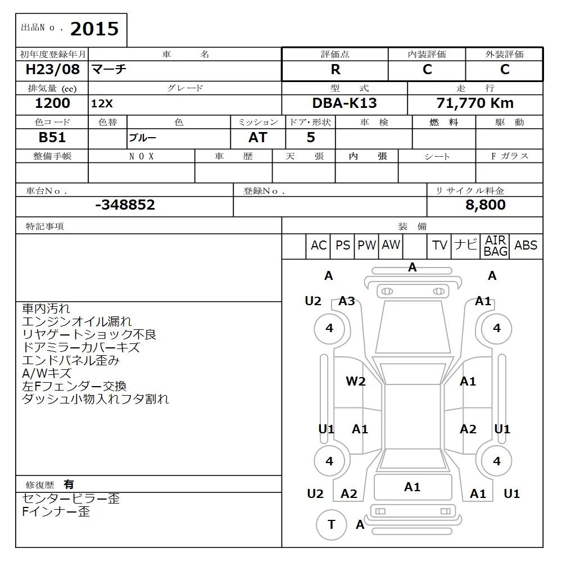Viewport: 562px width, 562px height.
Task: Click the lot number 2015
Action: [x=94, y=29]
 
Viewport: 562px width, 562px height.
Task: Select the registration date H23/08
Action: [x=53, y=70]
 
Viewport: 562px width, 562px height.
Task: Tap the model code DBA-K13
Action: [x=345, y=103]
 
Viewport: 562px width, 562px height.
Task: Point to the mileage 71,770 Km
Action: [x=475, y=103]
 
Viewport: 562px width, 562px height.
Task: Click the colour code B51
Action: [x=52, y=138]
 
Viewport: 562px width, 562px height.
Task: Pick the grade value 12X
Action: [x=102, y=104]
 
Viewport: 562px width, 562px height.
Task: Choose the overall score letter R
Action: [x=336, y=70]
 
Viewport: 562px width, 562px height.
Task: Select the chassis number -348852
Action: [x=125, y=205]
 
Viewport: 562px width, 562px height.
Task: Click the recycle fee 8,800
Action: [x=485, y=205]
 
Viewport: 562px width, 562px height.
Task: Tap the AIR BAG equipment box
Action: [x=495, y=246]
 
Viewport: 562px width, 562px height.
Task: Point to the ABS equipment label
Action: [x=525, y=246]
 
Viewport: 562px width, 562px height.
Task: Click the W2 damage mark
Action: [x=355, y=382]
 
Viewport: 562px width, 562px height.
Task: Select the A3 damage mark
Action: [x=347, y=301]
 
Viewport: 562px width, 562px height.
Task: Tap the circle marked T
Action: [x=331, y=524]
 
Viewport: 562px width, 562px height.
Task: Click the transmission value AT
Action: [x=258, y=138]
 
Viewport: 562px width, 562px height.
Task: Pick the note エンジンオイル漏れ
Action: [x=77, y=321]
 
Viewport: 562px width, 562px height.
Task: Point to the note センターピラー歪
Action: [x=71, y=498]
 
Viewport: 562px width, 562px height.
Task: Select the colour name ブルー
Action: [x=143, y=138]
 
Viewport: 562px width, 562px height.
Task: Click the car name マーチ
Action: [x=109, y=70]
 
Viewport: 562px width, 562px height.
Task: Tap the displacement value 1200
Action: [x=52, y=103]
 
